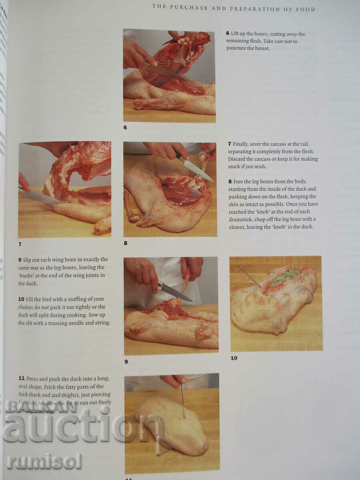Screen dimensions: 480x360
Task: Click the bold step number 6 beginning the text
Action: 228,34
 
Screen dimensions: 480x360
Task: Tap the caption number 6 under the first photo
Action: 125,128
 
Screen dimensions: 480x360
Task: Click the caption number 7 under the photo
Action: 20,244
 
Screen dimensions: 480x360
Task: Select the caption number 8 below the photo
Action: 126,242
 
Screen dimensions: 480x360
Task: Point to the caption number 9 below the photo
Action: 126,362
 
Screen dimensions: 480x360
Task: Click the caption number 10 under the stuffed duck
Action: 234,358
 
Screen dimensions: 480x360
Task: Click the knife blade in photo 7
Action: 40,197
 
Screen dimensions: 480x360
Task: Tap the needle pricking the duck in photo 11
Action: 183,400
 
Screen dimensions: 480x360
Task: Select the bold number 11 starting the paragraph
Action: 22,378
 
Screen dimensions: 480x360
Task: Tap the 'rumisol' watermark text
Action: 44,462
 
